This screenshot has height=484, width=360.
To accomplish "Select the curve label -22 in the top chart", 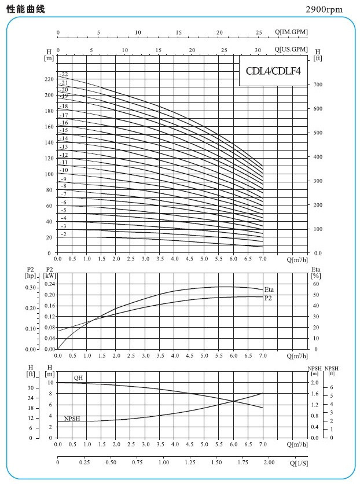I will (x=64, y=75).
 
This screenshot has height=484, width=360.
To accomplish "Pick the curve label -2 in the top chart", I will (x=64, y=234).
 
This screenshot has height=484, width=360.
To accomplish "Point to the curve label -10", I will (x=64, y=170).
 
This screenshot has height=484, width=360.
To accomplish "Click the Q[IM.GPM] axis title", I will (x=291, y=32).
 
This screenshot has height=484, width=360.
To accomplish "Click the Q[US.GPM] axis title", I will (x=291, y=49).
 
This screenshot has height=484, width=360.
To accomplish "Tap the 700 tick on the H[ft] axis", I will (x=318, y=85).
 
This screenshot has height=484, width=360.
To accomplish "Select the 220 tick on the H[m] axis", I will (x=49, y=79).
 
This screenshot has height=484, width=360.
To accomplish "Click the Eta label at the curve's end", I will (x=269, y=289).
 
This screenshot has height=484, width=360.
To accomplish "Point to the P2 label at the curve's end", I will (x=268, y=298).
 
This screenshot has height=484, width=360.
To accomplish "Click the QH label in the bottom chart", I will (x=78, y=377).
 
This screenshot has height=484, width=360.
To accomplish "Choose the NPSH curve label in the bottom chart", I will (x=72, y=417).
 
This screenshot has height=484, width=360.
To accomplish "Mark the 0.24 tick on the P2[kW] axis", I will (x=50, y=284).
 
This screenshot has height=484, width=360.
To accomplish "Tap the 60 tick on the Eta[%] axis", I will (x=315, y=284).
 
